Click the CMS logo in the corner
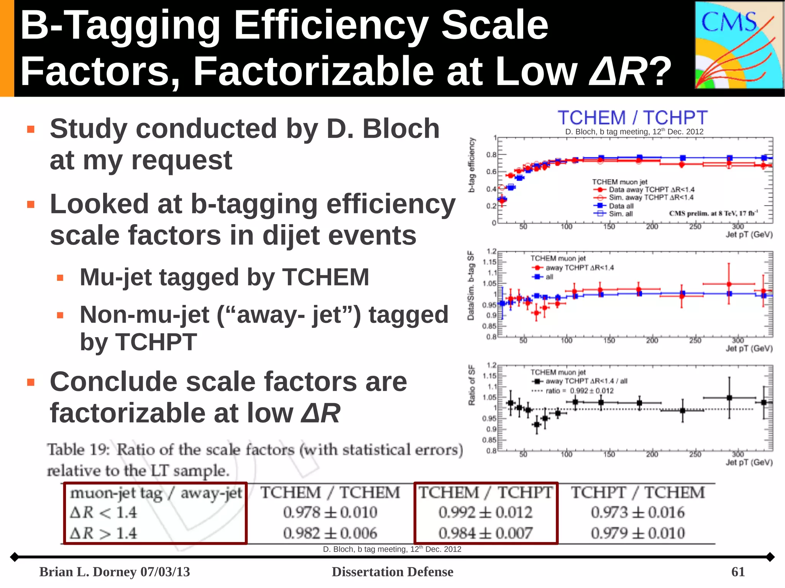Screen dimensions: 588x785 tap(739, 45)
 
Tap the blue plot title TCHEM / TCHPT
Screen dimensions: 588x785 tap(632, 118)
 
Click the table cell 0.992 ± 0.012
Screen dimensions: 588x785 tap(485, 513)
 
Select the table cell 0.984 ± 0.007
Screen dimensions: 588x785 tap(485, 533)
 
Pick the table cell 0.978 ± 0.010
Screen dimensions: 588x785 tap(330, 513)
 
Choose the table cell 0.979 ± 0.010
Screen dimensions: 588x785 tap(637, 533)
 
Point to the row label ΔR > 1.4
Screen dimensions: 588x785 tap(103, 533)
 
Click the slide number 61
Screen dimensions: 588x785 tap(738, 572)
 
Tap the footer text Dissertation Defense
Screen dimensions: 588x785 tap(392, 572)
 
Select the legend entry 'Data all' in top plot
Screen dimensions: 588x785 tap(621, 206)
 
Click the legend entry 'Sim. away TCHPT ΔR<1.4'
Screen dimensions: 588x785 tap(651, 198)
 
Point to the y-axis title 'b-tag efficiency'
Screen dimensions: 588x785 tap(472, 165)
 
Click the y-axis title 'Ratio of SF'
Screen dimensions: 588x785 tap(471, 385)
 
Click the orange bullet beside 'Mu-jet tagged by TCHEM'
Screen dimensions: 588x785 tap(60, 278)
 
